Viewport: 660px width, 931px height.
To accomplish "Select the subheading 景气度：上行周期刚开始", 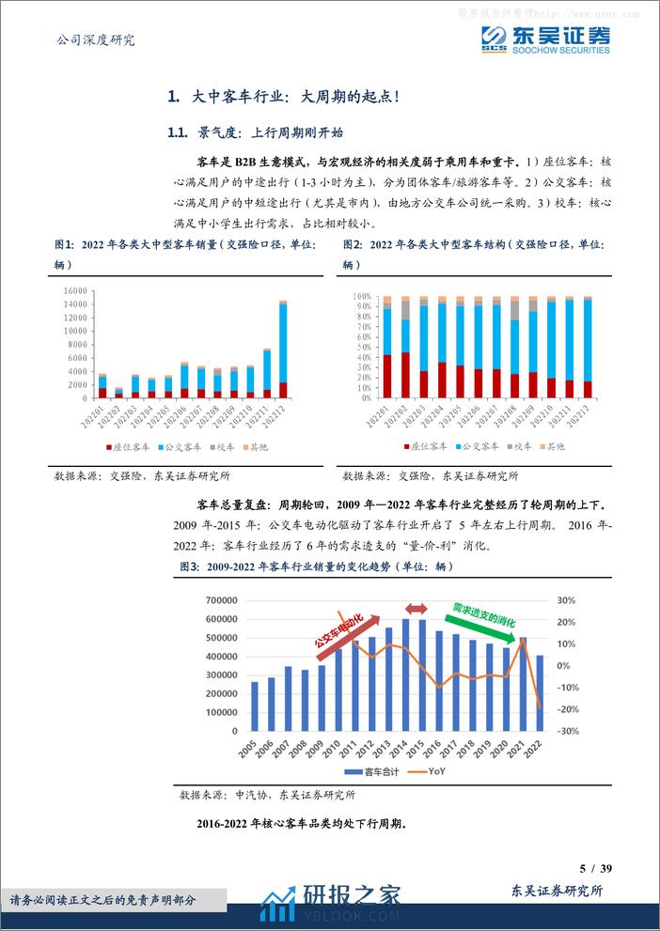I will click(x=257, y=132).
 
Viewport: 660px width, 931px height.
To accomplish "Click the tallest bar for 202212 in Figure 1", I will click(x=283, y=348).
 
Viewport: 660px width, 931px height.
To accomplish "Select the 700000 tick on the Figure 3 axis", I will click(x=218, y=600).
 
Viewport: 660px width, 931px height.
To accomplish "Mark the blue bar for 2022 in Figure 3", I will click(x=539, y=692).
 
